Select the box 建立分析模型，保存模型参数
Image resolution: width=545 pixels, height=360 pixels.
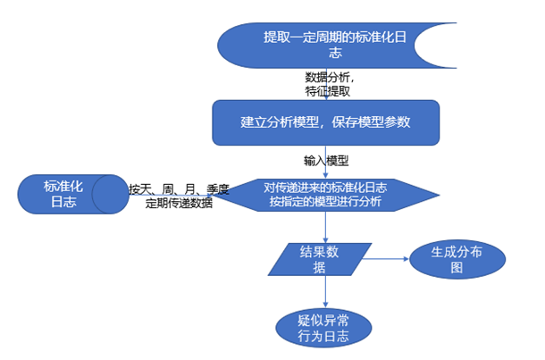(325, 121)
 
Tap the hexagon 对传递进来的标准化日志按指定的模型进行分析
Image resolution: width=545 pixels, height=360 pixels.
(325, 195)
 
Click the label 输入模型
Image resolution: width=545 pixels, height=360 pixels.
(325, 162)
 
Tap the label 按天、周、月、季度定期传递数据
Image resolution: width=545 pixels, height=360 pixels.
(179, 196)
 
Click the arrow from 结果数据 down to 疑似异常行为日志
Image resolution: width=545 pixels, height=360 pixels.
(325, 290)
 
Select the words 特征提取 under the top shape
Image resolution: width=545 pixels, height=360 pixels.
(328, 91)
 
